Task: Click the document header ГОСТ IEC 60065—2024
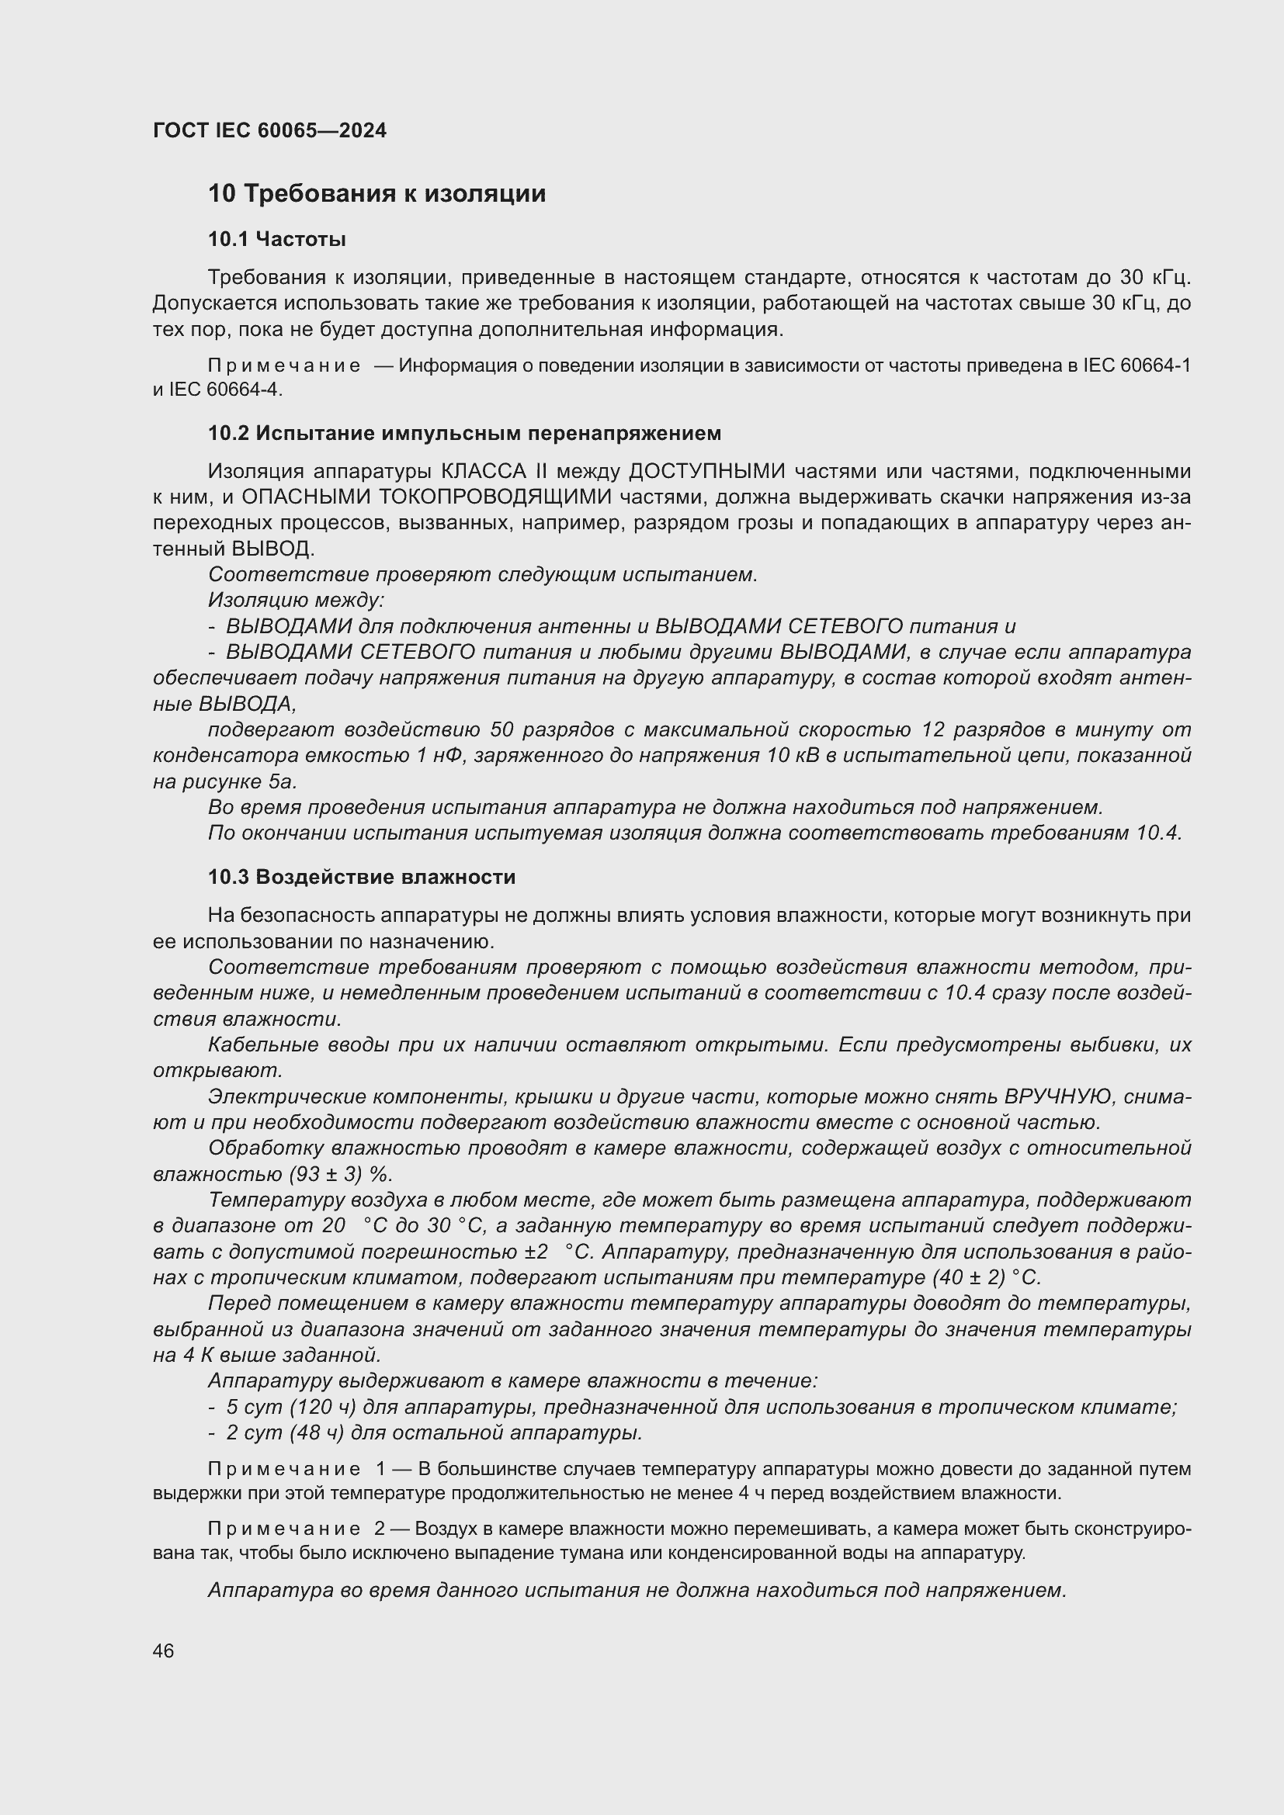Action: click(269, 131)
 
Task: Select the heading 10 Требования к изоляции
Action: click(377, 194)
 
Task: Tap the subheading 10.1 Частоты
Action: click(276, 239)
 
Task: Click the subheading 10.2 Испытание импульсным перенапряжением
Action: click(464, 433)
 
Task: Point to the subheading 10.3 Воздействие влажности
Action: click(361, 877)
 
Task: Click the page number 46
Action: click(164, 1650)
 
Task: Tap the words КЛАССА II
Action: click(495, 471)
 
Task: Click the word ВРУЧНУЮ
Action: click(1048, 1096)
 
